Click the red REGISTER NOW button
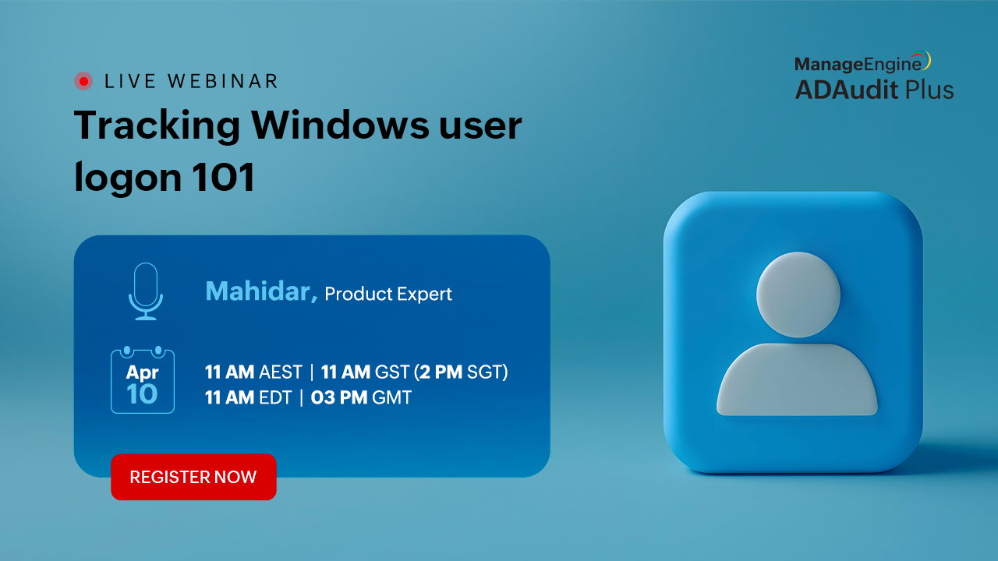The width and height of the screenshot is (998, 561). pyautogui.click(x=193, y=477)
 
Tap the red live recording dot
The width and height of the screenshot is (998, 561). pyautogui.click(x=83, y=81)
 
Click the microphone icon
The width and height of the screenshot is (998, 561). pyautogui.click(x=146, y=291)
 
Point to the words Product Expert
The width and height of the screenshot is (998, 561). pyautogui.click(x=388, y=294)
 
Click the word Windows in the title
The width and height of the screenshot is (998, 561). pyautogui.click(x=340, y=125)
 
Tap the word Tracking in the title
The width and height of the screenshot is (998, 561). pyautogui.click(x=157, y=127)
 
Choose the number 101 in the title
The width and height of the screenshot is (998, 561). pyautogui.click(x=223, y=177)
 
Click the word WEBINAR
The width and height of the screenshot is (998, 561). pyautogui.click(x=223, y=81)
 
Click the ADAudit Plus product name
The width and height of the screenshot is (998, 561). pyautogui.click(x=874, y=90)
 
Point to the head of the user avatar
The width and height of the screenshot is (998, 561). pyautogui.click(x=798, y=295)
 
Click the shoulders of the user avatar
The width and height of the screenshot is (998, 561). pyautogui.click(x=797, y=379)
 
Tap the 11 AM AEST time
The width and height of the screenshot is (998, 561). pyautogui.click(x=253, y=372)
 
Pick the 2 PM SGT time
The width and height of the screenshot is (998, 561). pyautogui.click(x=461, y=372)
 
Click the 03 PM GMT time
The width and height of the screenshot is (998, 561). pyautogui.click(x=361, y=397)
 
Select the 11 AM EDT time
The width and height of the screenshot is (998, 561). pyautogui.click(x=248, y=397)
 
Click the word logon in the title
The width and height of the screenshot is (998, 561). pyautogui.click(x=129, y=179)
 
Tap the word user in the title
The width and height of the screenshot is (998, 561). pyautogui.click(x=480, y=127)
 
